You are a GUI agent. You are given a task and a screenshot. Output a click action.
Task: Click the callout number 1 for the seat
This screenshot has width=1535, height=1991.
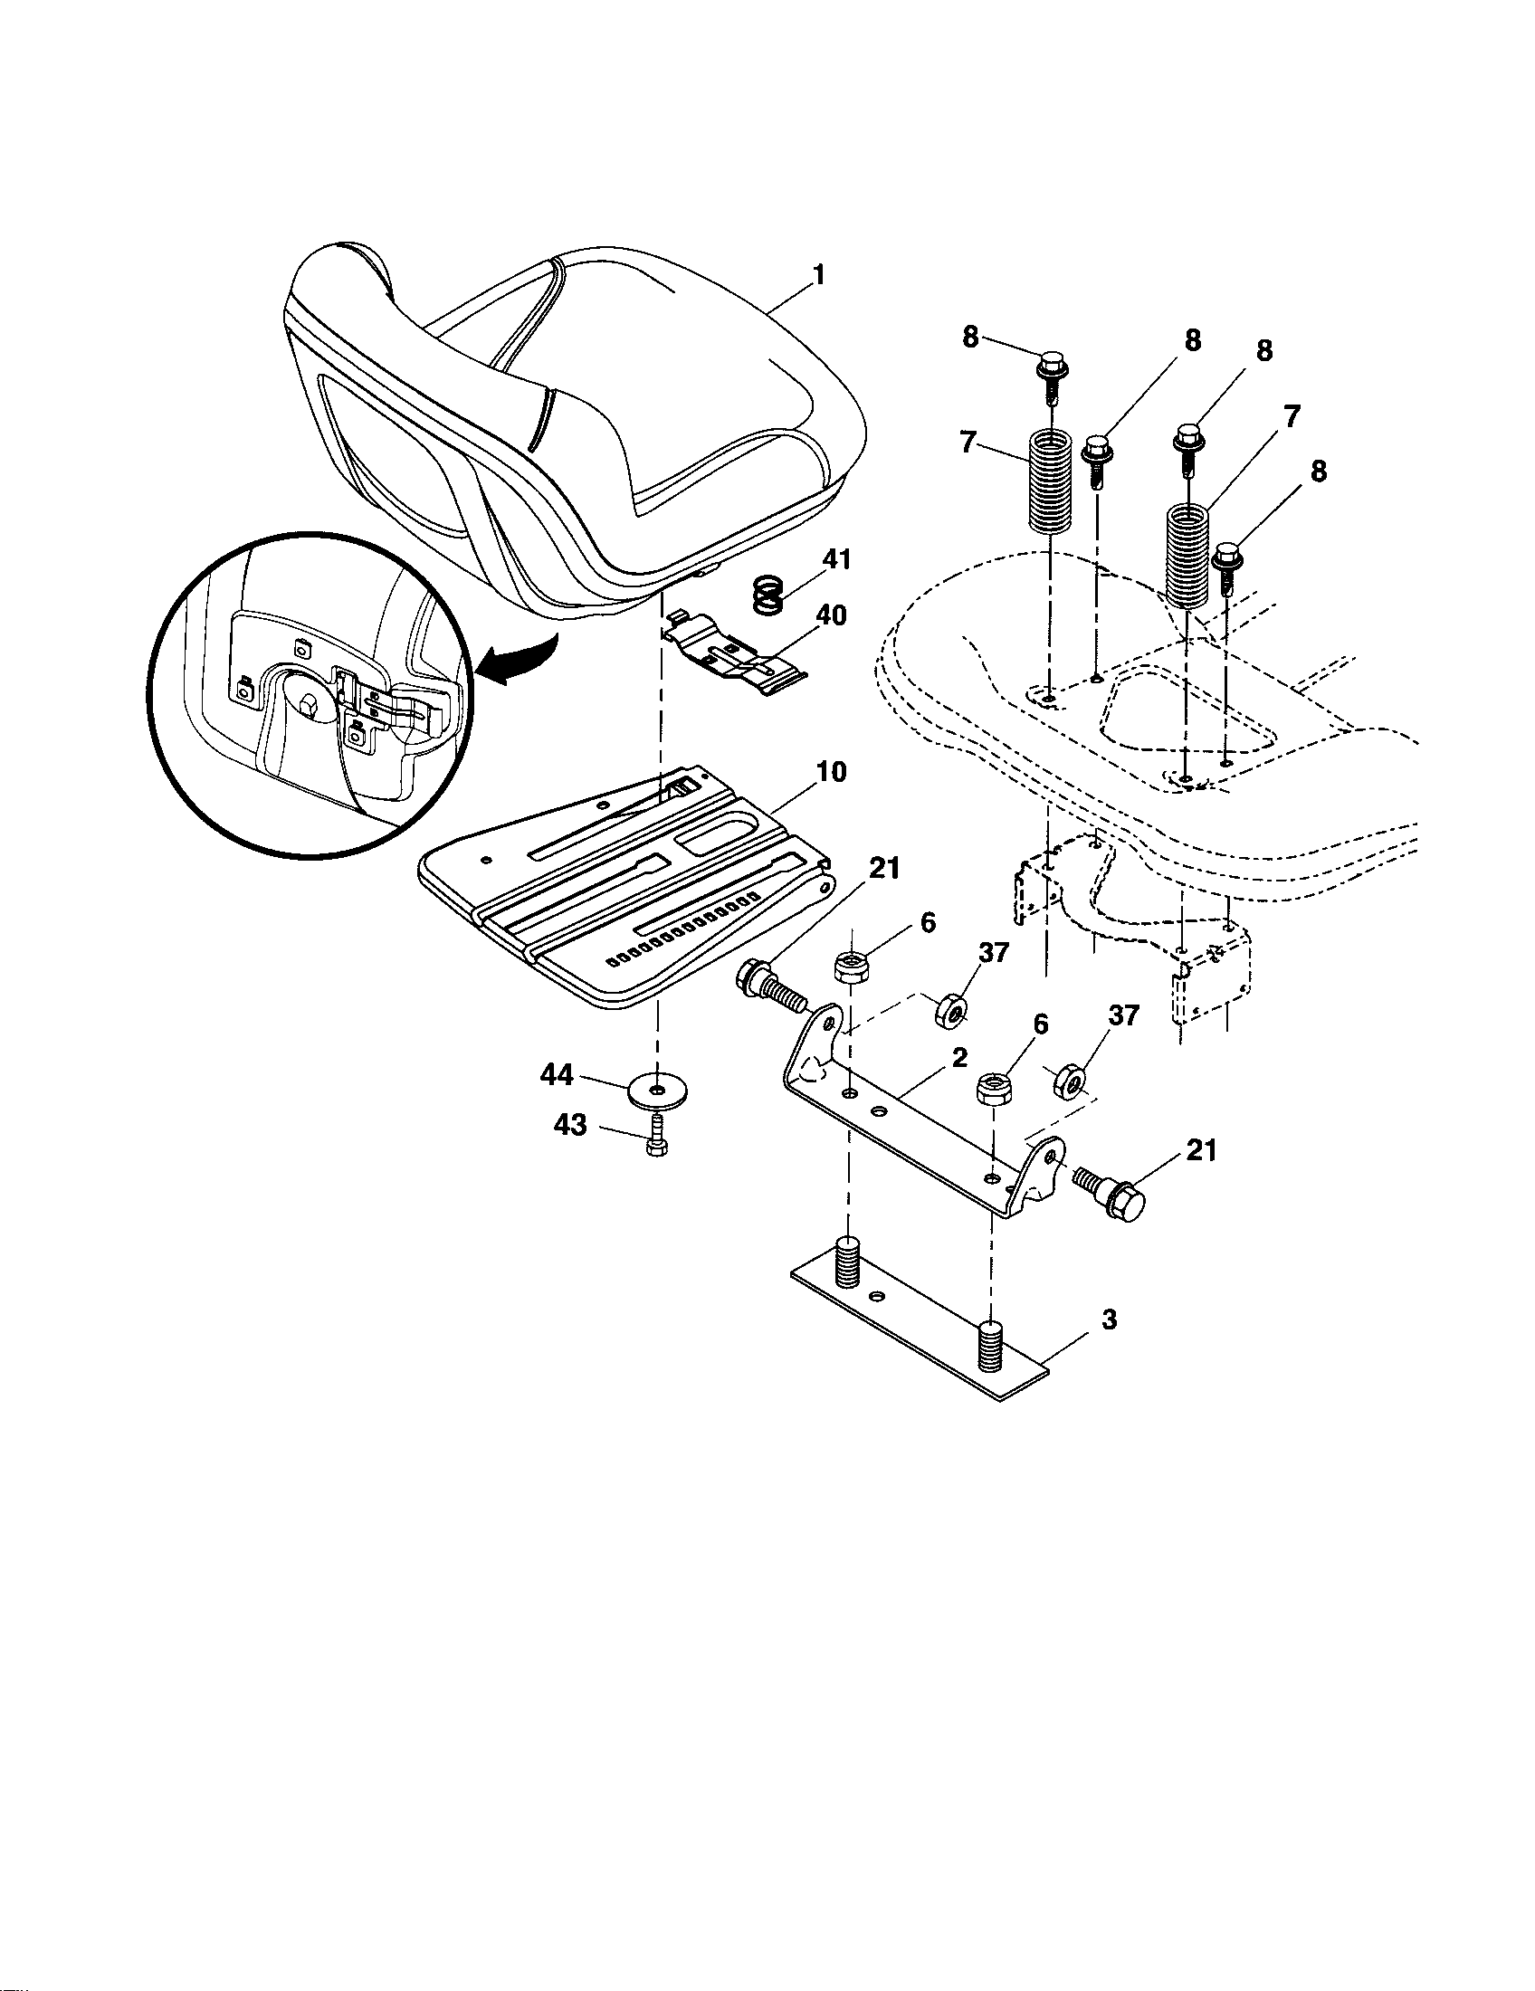(817, 274)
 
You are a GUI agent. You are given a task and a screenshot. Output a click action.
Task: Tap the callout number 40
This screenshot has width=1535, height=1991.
(830, 616)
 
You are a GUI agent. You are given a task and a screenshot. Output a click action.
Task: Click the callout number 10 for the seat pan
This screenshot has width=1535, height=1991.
(830, 772)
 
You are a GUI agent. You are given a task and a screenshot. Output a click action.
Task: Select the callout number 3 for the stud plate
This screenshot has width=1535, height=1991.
(1109, 1319)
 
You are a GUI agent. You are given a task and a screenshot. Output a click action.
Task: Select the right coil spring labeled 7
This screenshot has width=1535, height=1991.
(1188, 555)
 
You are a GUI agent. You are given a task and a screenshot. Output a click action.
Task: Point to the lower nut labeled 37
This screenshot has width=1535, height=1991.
(1068, 1082)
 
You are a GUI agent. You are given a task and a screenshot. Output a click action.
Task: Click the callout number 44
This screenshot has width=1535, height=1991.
(556, 1076)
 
